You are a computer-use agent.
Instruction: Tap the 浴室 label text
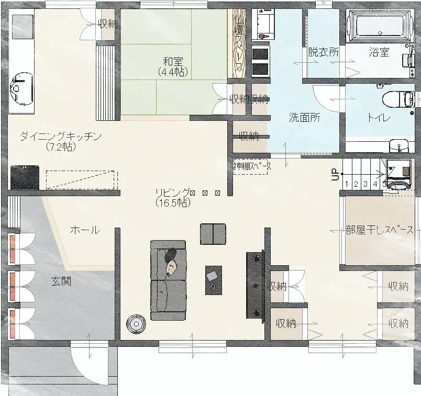coord(379,52)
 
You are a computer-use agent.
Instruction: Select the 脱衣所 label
coord(323,52)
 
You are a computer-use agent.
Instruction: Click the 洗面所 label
coord(305,118)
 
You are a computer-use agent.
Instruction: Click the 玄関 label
coord(61,281)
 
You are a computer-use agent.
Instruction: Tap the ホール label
coord(84,230)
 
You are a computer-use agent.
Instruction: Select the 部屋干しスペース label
coord(379,230)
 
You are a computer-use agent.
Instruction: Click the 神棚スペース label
coord(252,166)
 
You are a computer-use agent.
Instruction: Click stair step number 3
coord(365,184)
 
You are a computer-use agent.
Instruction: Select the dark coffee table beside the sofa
coord(213,280)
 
